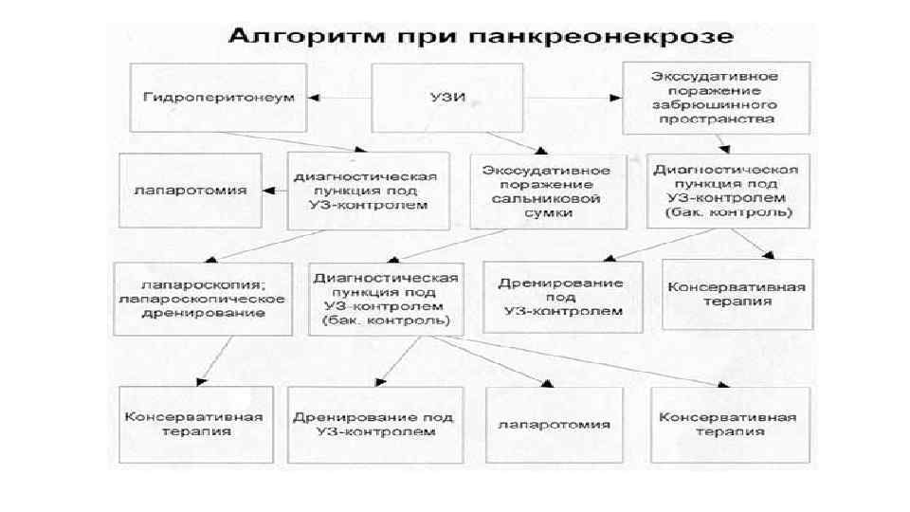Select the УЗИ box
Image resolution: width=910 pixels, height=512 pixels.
tap(436, 97)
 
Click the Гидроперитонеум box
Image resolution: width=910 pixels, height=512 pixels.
tap(220, 97)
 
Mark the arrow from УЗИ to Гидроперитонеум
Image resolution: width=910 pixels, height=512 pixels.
tap(340, 97)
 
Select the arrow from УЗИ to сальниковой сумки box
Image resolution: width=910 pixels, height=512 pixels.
tap(512, 141)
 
